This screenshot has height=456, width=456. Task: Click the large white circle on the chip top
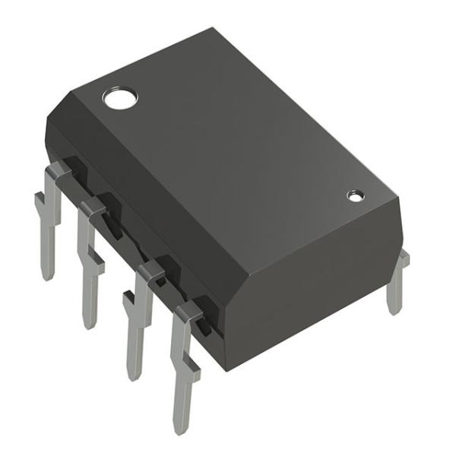[120, 97]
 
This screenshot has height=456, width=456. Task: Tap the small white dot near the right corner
[354, 196]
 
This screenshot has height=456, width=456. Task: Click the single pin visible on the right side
[394, 285]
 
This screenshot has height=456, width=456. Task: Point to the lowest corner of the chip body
[226, 369]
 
